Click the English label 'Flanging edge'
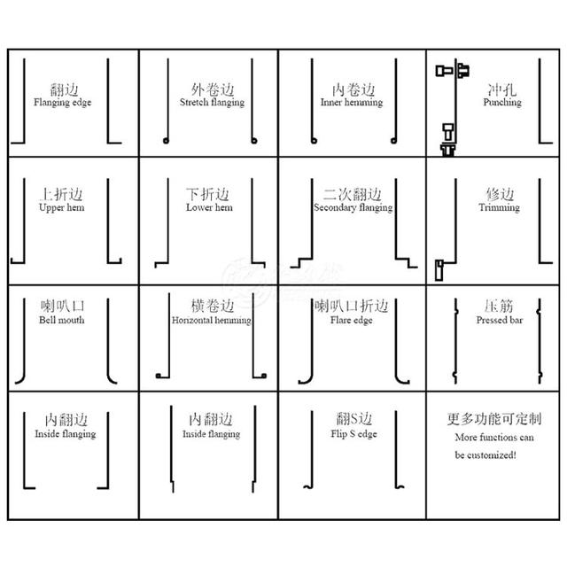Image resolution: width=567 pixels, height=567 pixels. click(x=63, y=103)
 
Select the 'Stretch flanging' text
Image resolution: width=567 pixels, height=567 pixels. click(x=213, y=103)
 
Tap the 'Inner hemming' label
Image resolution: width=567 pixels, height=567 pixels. click(x=352, y=103)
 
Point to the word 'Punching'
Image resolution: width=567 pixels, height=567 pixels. click(x=502, y=103)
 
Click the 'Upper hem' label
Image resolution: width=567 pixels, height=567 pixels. click(x=62, y=207)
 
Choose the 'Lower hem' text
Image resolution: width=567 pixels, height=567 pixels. click(x=209, y=207)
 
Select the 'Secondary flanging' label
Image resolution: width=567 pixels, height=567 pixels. click(x=353, y=208)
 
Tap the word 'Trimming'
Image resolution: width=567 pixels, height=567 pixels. click(x=500, y=207)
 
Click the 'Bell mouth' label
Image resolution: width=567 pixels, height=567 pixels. click(x=62, y=320)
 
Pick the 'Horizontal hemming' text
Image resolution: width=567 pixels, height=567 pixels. click(x=212, y=321)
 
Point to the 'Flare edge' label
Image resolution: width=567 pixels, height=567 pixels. click(x=352, y=321)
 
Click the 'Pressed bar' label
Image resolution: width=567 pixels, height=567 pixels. click(x=500, y=320)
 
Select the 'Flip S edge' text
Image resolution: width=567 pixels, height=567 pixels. click(x=354, y=434)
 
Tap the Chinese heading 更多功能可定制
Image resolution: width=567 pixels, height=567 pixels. click(x=494, y=419)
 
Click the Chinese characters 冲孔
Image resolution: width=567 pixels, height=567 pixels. click(x=502, y=89)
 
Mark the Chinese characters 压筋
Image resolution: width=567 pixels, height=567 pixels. click(x=499, y=306)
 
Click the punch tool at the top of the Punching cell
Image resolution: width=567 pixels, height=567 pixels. click(x=453, y=70)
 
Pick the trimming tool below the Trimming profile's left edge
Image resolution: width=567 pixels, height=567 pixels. click(x=439, y=269)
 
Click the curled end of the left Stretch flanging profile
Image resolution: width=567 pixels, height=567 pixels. click(x=166, y=141)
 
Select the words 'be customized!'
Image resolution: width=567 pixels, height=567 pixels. click(x=485, y=454)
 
